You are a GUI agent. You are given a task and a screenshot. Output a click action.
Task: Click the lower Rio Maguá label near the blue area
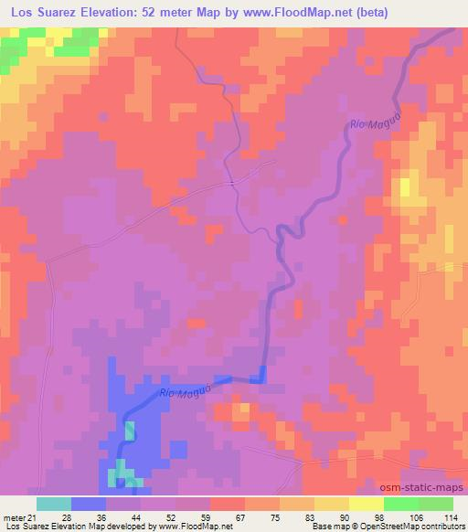click(x=186, y=390)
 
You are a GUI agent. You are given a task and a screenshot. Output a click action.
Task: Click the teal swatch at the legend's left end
click(x=53, y=504)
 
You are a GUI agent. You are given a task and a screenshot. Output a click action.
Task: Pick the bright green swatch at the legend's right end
click(x=436, y=504)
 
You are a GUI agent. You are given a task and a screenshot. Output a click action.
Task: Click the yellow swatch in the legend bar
click(x=367, y=504)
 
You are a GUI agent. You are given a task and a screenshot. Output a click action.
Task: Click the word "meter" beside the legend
click(x=15, y=518)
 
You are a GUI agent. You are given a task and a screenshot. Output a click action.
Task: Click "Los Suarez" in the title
click(x=42, y=13)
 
